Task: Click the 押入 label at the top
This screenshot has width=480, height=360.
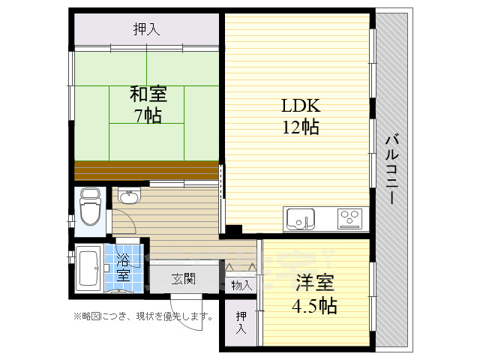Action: [x=146, y=30]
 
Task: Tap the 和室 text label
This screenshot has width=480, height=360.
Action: [x=148, y=95]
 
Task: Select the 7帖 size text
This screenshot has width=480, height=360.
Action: [x=148, y=115]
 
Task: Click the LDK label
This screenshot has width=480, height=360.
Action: [x=300, y=105]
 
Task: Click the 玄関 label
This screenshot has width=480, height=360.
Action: [x=183, y=279]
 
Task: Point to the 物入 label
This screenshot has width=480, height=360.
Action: [x=241, y=285]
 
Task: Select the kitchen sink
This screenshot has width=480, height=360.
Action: [x=301, y=220]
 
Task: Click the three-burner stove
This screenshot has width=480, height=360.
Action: [x=349, y=219]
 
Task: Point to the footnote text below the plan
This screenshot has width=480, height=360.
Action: [x=142, y=316]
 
